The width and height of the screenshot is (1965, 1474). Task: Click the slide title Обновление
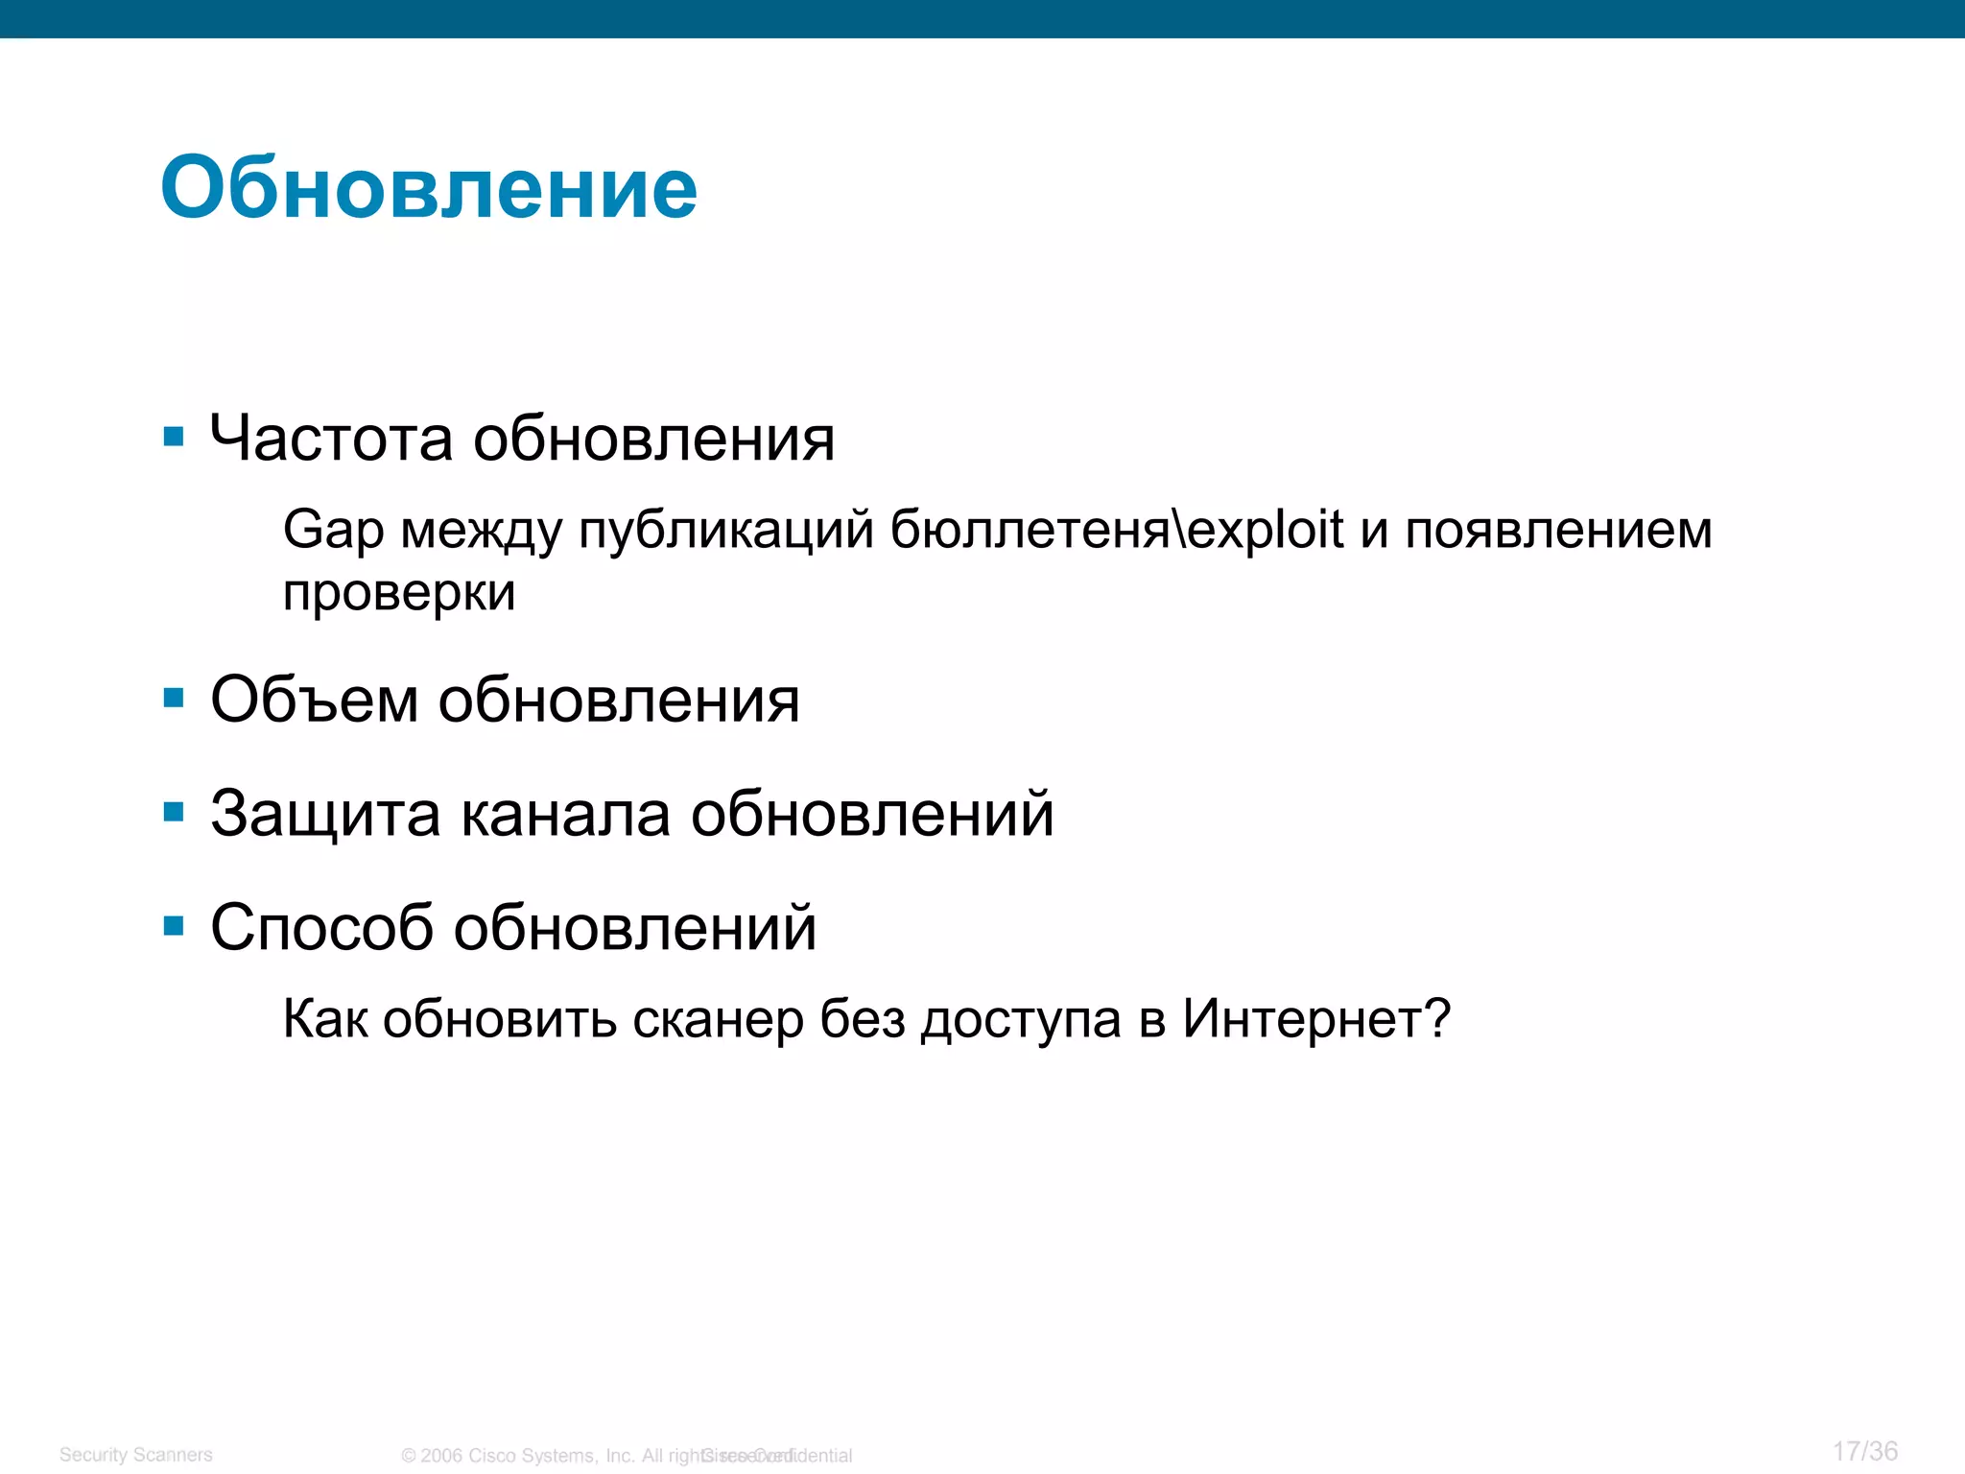(x=429, y=188)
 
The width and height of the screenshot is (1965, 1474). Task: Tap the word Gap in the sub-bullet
(x=333, y=531)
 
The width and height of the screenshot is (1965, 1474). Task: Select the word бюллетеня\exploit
(x=1117, y=530)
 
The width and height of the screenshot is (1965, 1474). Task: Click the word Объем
(x=314, y=700)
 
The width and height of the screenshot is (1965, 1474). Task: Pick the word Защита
(x=325, y=815)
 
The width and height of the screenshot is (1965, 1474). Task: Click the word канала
(x=566, y=814)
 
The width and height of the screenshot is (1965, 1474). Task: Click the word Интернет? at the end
(x=1316, y=1018)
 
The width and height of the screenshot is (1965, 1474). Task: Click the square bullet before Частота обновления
(x=174, y=438)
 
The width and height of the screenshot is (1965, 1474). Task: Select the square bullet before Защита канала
(x=174, y=813)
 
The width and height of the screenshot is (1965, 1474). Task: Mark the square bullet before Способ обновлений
(x=174, y=926)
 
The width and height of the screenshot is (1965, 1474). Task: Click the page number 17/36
(x=1864, y=1451)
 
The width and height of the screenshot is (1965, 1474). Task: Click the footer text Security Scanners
(x=135, y=1455)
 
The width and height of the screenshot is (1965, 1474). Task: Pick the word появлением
(x=1558, y=530)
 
